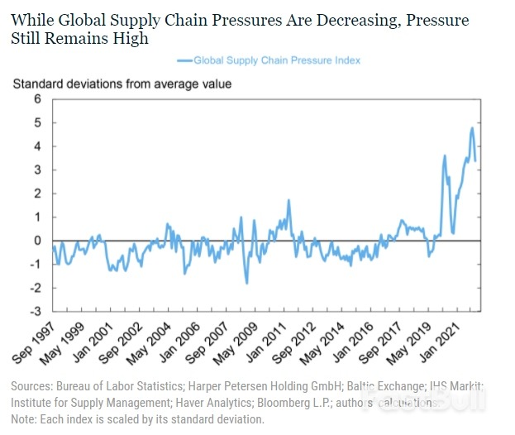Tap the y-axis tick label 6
(x=36, y=98)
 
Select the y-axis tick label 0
(x=36, y=241)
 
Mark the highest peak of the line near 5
(x=472, y=127)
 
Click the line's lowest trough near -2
(x=246, y=284)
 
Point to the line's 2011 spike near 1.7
(x=288, y=200)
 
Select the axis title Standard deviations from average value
(x=122, y=84)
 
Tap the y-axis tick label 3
(x=36, y=170)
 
